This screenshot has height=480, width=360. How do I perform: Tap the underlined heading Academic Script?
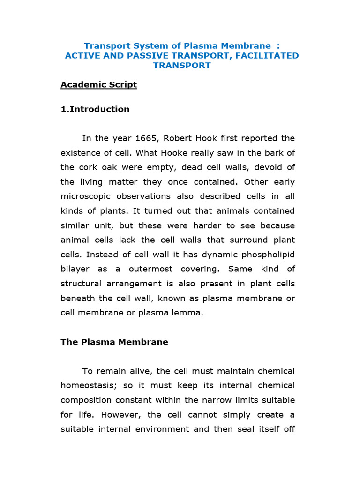coord(98,85)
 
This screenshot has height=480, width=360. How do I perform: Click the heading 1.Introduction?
coord(95,109)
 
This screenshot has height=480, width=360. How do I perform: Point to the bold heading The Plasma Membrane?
coord(114,342)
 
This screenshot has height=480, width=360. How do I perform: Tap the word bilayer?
coord(75,269)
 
